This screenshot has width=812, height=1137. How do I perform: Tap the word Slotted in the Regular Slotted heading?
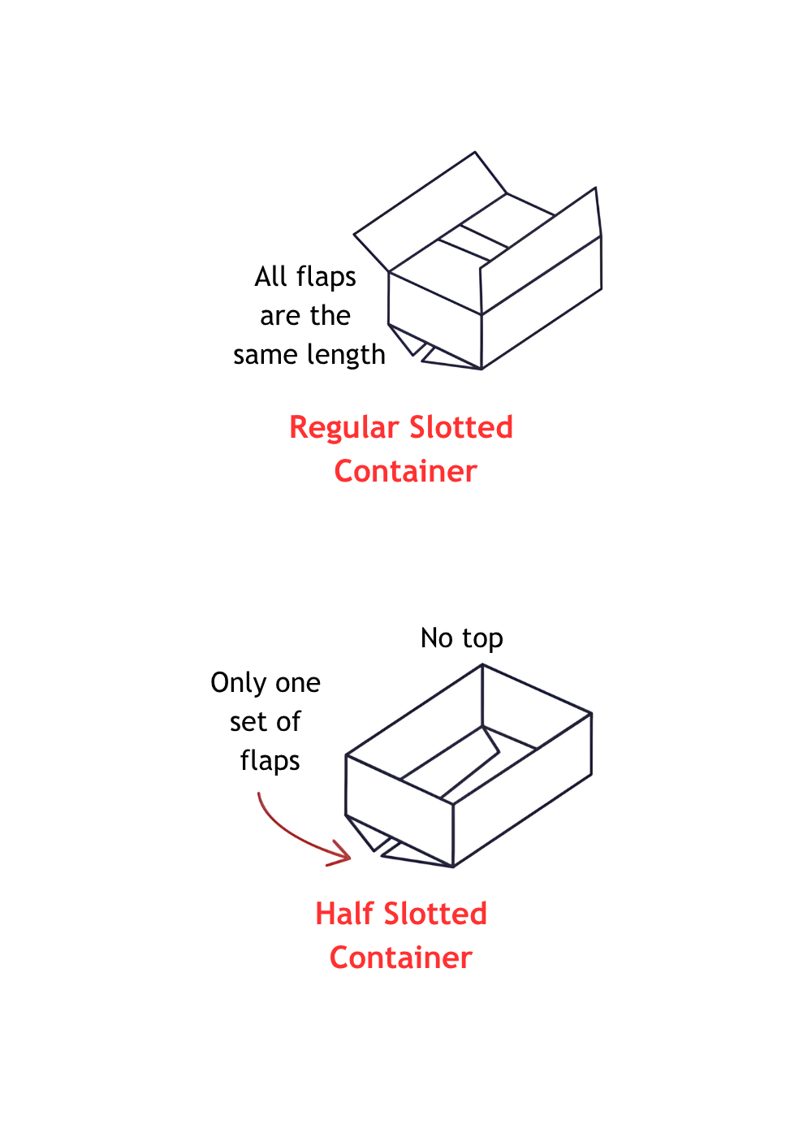461,427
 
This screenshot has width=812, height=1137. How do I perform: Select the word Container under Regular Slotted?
405,471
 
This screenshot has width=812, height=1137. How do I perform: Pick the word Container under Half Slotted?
401,958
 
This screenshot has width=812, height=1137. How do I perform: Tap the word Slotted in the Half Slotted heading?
435,914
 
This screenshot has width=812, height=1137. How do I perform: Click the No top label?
461,638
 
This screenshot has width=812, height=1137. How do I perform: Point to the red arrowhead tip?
350,858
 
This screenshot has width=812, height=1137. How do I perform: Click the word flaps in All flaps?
326,278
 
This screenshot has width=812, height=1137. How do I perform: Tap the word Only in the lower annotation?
238,683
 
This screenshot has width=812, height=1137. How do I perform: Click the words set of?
265,721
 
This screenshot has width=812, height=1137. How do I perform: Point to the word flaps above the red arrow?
270,762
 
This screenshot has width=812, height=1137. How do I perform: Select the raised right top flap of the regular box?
541,251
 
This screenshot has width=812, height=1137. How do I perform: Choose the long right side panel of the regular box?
542,302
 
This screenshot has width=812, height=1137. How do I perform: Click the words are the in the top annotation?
305,316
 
